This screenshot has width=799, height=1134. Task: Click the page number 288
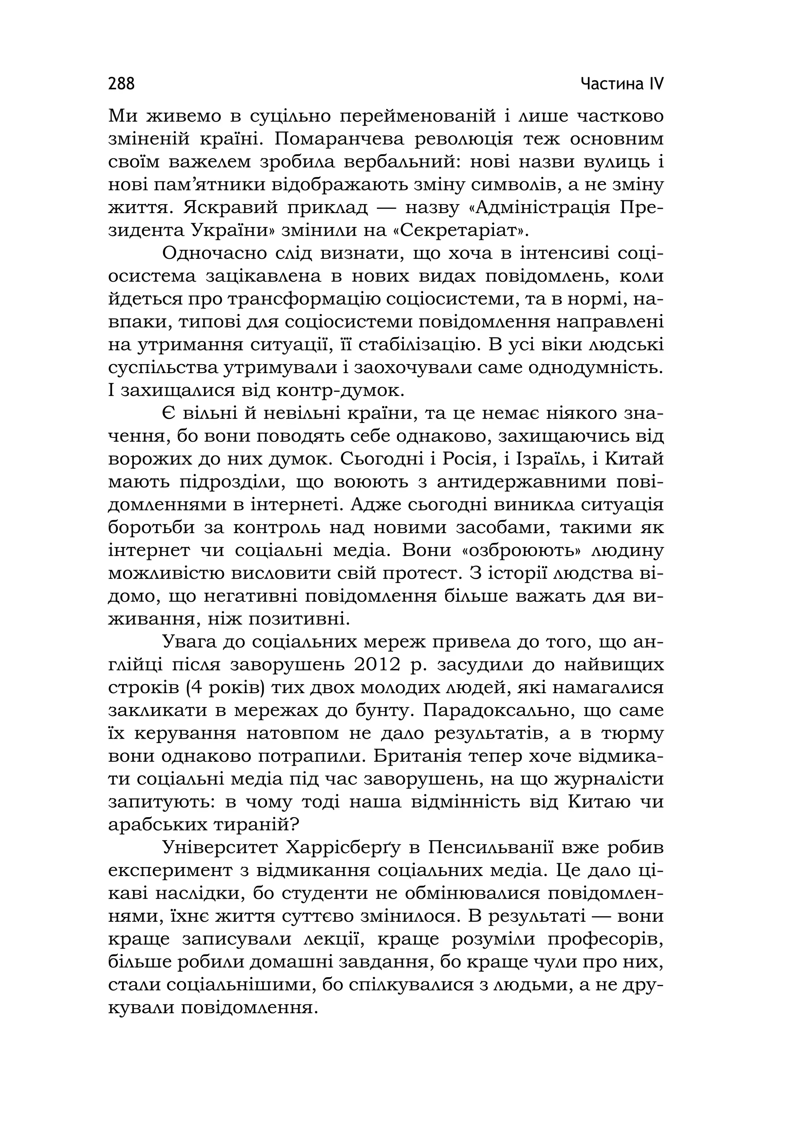pos(121,84)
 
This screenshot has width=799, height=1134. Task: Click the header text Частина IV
pos(622,84)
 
